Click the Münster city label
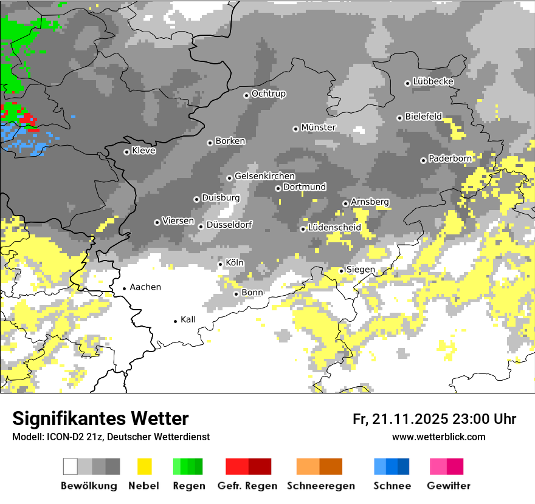click(x=319, y=128)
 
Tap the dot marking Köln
click(x=221, y=264)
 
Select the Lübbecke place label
click(x=433, y=81)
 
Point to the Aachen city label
click(x=145, y=287)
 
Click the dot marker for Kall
click(x=176, y=321)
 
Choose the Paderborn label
click(x=450, y=158)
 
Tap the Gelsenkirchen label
click(x=264, y=176)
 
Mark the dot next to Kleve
click(x=126, y=152)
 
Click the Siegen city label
click(x=361, y=270)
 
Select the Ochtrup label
click(x=268, y=94)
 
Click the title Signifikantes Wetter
click(x=100, y=418)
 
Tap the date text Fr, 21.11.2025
click(x=401, y=419)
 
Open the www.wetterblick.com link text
click(x=439, y=437)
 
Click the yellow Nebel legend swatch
click(x=145, y=466)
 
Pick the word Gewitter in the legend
click(x=448, y=486)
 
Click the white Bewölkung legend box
click(x=71, y=466)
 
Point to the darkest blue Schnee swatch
click(x=404, y=466)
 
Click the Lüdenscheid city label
click(x=334, y=228)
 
